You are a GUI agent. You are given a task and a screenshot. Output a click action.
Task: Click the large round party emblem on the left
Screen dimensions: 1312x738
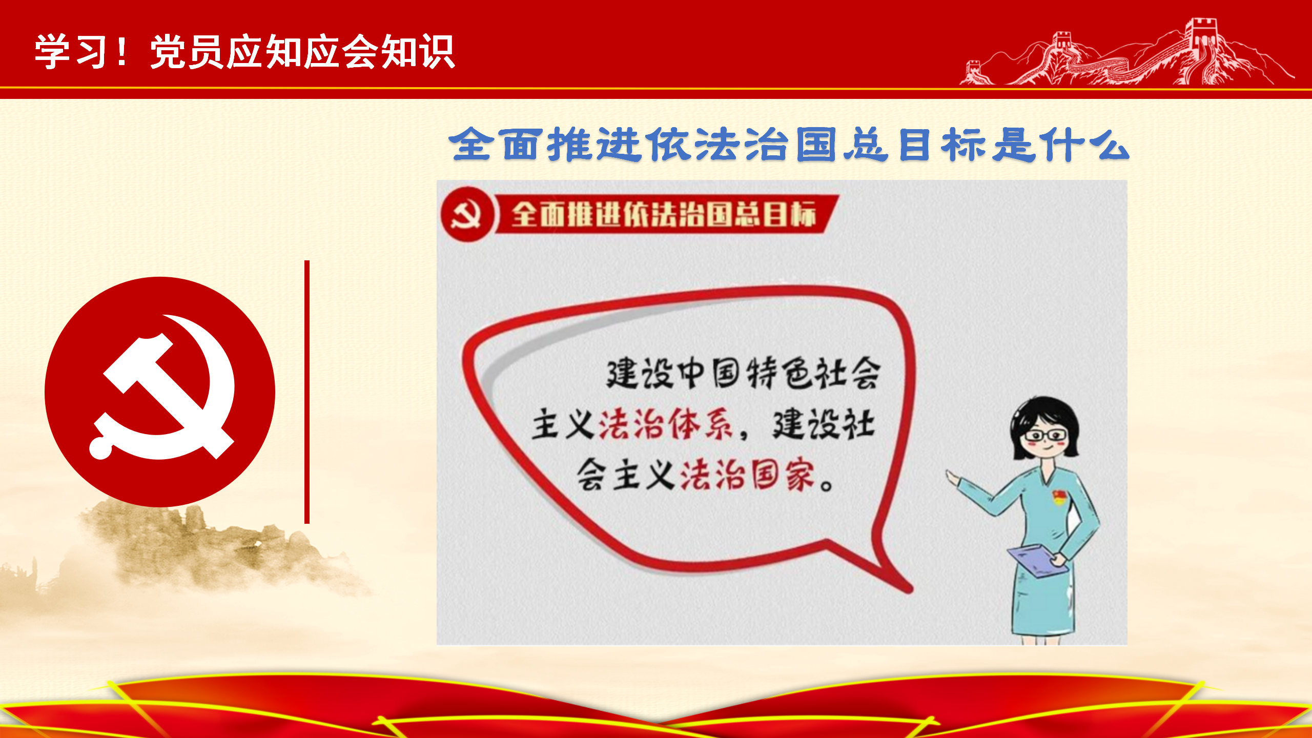click(x=160, y=392)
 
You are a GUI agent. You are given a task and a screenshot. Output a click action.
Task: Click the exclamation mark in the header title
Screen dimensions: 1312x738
click(x=122, y=51)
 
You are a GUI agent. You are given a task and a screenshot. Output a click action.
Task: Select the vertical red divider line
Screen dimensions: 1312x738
click(x=307, y=392)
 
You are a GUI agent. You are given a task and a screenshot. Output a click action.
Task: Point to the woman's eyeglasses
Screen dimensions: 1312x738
click(x=1045, y=436)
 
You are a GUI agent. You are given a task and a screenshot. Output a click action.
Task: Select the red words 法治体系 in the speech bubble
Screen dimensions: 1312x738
click(x=666, y=424)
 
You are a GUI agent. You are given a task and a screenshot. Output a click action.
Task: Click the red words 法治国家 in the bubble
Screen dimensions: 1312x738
click(x=747, y=475)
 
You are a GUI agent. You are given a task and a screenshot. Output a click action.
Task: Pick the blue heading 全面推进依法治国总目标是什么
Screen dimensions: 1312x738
click(x=789, y=145)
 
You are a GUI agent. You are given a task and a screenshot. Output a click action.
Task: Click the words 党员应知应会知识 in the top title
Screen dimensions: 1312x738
click(x=302, y=51)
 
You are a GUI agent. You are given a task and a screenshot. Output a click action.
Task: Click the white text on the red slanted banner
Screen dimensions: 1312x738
click(x=664, y=214)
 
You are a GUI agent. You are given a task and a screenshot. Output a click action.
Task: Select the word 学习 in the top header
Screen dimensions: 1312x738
click(x=72, y=51)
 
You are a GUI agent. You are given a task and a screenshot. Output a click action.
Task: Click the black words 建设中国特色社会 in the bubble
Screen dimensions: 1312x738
click(x=743, y=373)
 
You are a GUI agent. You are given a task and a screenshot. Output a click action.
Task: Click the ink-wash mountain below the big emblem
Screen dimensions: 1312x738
click(x=215, y=548)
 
